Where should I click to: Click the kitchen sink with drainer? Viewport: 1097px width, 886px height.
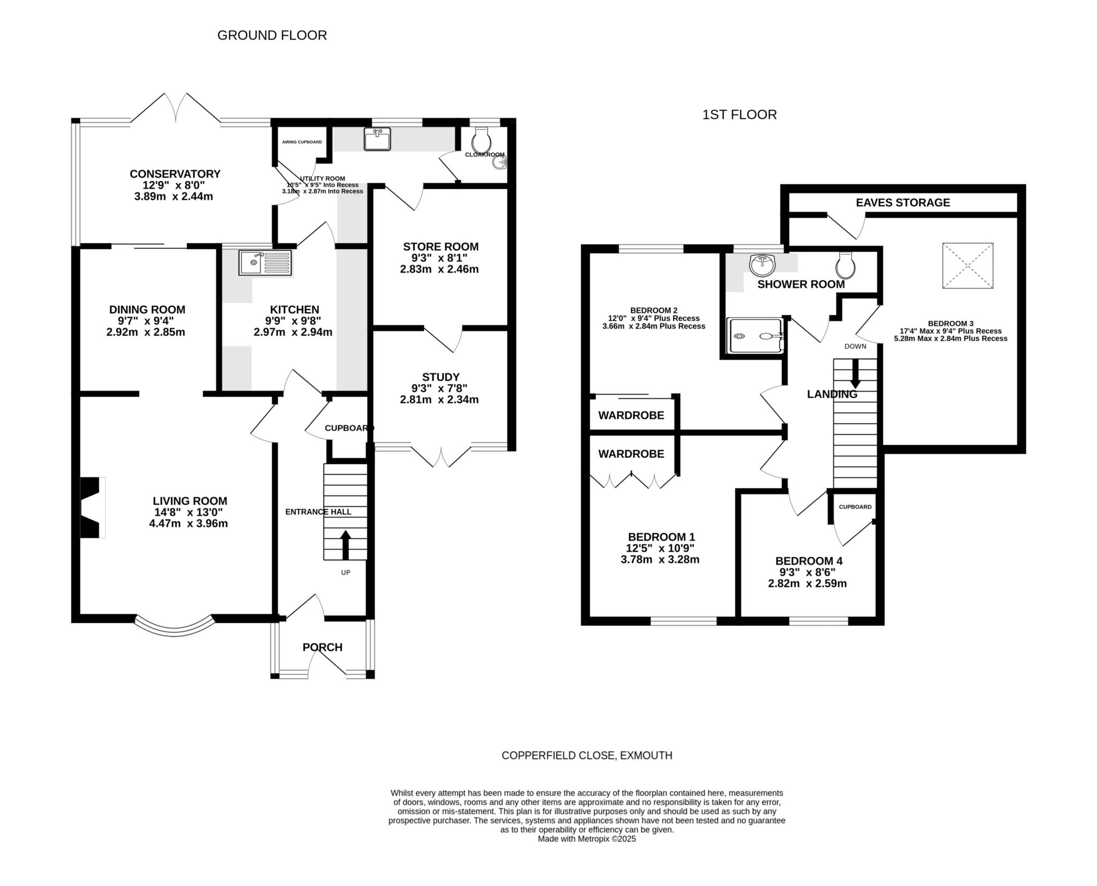pyautogui.click(x=266, y=262)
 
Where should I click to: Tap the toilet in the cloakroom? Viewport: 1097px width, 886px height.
pyautogui.click(x=482, y=140)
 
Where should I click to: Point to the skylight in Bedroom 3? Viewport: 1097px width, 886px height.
pyautogui.click(x=968, y=266)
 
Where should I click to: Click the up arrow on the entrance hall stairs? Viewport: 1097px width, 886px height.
pyautogui.click(x=345, y=544)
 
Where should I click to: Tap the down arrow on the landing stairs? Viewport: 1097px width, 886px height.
pyautogui.click(x=855, y=373)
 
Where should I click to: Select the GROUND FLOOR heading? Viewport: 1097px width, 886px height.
pyautogui.click(x=272, y=35)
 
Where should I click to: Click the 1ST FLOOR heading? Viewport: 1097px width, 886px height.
pyautogui.click(x=739, y=115)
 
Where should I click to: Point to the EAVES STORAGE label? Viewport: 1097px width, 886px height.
pyautogui.click(x=903, y=202)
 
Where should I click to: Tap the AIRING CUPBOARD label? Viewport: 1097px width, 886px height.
pyautogui.click(x=302, y=142)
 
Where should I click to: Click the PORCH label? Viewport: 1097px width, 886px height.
pyautogui.click(x=322, y=647)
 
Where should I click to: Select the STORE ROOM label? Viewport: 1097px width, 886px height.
pyautogui.click(x=441, y=247)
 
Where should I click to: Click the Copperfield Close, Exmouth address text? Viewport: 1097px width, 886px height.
pyautogui.click(x=587, y=755)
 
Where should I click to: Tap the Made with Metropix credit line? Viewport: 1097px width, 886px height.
pyautogui.click(x=587, y=839)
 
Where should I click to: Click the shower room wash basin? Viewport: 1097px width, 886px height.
pyautogui.click(x=763, y=264)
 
